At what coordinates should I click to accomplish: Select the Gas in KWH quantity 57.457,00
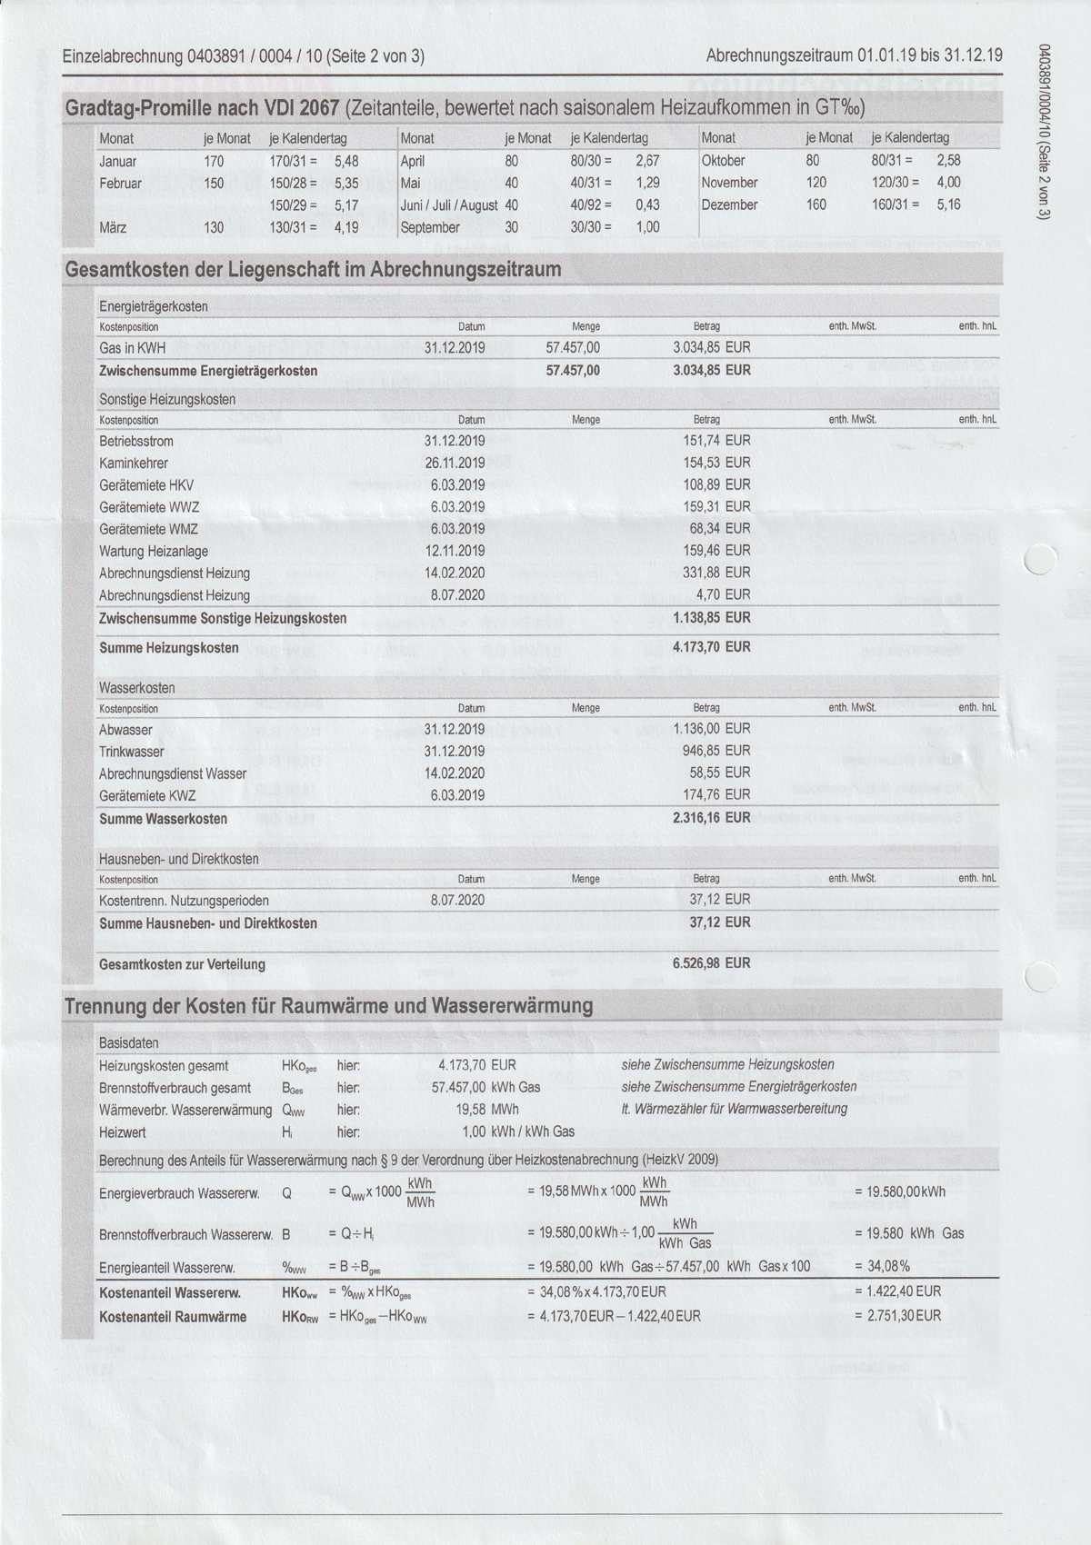click(573, 348)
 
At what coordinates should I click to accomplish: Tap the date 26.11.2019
click(455, 463)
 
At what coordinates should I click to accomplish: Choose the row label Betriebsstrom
click(136, 442)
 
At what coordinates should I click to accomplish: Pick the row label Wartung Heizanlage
click(154, 552)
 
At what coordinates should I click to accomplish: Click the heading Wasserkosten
click(136, 688)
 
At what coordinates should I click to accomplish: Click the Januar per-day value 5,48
click(346, 161)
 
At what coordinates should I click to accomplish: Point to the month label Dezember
click(729, 205)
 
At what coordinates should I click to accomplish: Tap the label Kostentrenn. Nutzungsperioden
click(184, 901)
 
